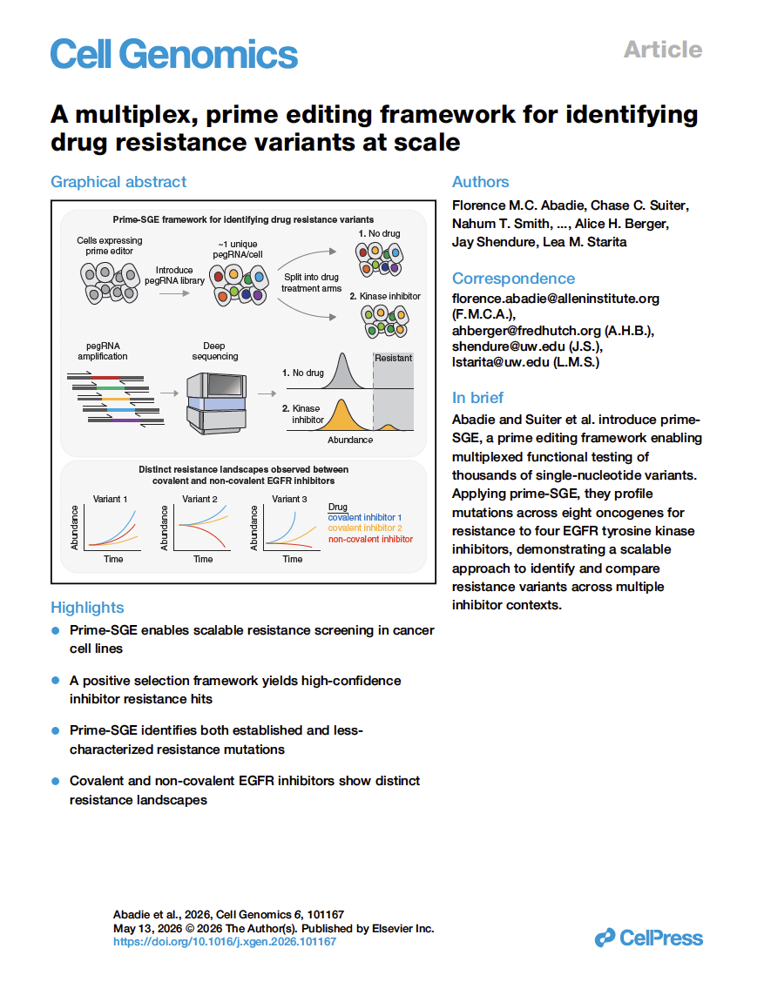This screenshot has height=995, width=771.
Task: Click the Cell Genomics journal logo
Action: [174, 54]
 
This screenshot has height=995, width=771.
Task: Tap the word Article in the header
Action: [663, 50]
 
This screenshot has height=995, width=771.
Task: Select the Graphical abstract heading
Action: [118, 182]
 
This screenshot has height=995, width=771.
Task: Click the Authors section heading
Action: [480, 182]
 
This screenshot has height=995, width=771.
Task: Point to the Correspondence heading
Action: [513, 279]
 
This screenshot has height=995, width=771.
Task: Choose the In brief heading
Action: [477, 398]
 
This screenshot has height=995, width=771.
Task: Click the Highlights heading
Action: [87, 608]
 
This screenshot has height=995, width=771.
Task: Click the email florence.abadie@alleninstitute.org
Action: [555, 299]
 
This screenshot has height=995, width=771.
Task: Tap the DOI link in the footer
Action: [224, 942]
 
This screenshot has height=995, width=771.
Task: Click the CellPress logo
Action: [648, 938]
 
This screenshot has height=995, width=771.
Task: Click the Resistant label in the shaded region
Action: [393, 358]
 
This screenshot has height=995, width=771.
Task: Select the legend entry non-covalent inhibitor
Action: [370, 540]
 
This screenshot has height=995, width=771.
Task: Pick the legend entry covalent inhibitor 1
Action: [364, 517]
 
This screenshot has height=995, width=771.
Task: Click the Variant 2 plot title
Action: [201, 500]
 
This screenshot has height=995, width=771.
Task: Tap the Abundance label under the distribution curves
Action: [349, 440]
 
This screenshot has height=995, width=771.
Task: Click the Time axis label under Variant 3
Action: [293, 559]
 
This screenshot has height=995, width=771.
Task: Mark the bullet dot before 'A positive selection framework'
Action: [56, 680]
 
